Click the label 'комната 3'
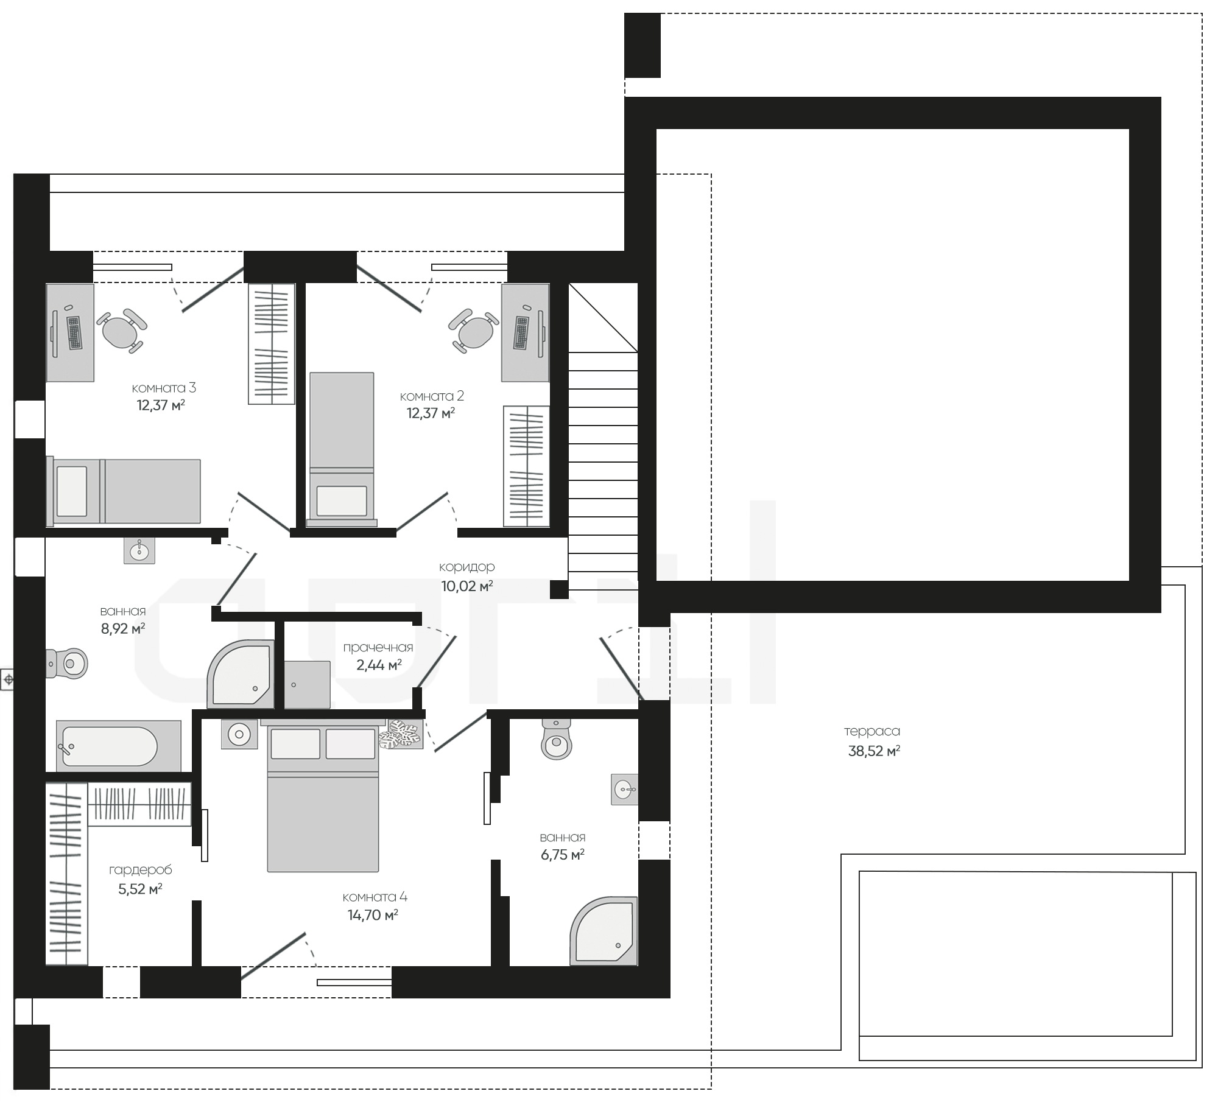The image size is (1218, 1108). (164, 388)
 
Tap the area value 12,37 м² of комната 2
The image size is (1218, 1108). (431, 413)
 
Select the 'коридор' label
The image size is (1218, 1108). (467, 567)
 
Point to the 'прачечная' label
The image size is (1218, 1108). (378, 648)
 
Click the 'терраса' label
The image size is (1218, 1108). (872, 731)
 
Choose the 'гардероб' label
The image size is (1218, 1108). (141, 870)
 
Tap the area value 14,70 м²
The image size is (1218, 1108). (373, 915)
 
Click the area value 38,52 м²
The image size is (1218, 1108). (875, 751)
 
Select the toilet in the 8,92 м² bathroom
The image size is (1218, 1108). (68, 663)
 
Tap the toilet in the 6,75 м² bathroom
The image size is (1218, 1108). (557, 740)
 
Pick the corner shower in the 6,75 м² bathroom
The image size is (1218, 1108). (604, 931)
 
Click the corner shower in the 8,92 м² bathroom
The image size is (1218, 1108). (241, 674)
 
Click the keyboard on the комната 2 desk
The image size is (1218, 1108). (522, 333)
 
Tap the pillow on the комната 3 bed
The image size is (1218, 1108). (72, 491)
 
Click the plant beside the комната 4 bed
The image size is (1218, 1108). (401, 734)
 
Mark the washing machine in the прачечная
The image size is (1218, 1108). (308, 685)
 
